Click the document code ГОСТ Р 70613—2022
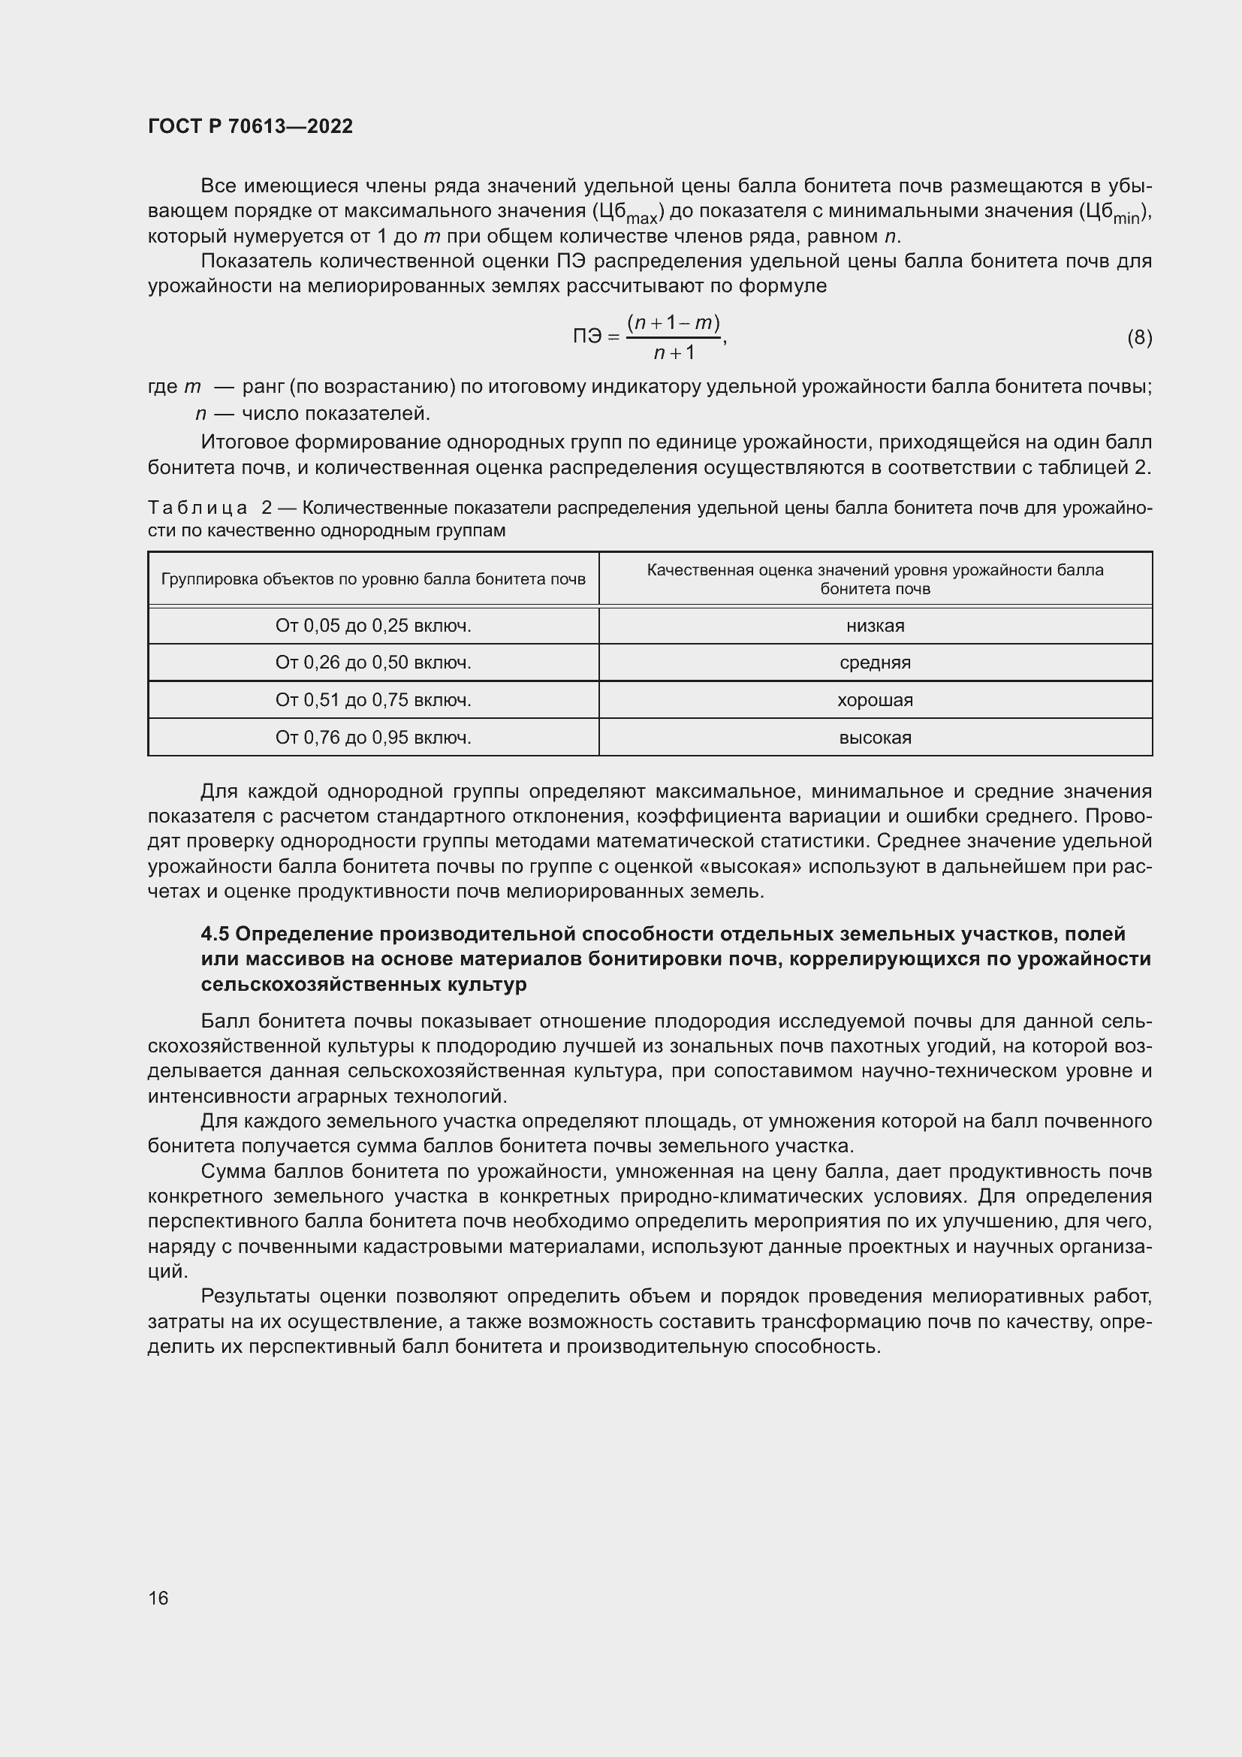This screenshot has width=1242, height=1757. pos(250,126)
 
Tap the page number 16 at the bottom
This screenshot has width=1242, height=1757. pos(158,1598)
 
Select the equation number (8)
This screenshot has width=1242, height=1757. pos(1139,337)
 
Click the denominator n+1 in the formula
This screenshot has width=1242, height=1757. pos(674,353)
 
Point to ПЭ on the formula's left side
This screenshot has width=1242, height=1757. pos(588,337)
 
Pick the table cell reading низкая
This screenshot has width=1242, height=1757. pos(875,626)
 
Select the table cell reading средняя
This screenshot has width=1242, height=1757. pos(875,663)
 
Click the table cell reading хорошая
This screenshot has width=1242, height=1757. pos(875,700)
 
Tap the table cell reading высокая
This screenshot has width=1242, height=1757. pos(875,738)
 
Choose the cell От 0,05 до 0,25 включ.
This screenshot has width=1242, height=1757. pos(373,626)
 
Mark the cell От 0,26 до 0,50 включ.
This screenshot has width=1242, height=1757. pos(373,663)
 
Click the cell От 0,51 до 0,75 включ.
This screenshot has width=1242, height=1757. pos(373,700)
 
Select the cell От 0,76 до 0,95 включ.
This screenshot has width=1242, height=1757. pos(373,738)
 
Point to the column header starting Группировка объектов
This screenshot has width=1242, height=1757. pos(373,579)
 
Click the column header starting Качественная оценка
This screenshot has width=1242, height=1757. pos(875,579)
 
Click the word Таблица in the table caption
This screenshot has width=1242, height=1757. pos(197,508)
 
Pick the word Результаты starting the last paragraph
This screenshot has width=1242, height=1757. pos(255,1297)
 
